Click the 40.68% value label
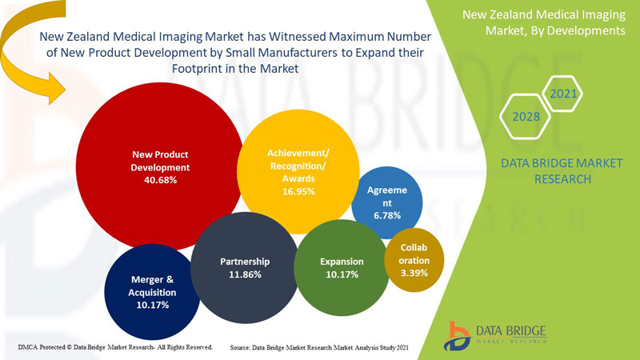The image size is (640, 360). [x=161, y=180]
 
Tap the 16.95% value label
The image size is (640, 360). [x=298, y=191]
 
